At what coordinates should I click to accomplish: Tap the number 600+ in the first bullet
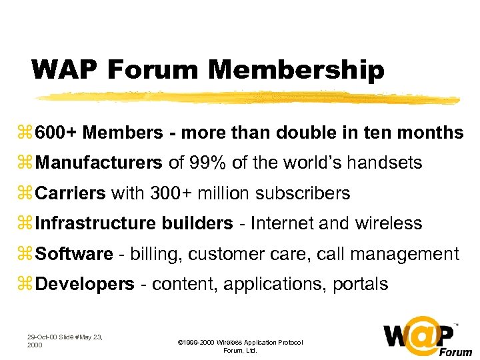[x=57, y=133]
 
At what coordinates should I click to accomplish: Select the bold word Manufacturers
[x=98, y=163]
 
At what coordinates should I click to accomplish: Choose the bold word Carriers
[x=70, y=193]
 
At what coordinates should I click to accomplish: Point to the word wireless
[x=390, y=223]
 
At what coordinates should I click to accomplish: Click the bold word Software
[x=74, y=254]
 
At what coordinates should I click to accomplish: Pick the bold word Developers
[x=85, y=285]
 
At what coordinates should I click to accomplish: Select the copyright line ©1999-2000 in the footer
[x=240, y=343]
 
